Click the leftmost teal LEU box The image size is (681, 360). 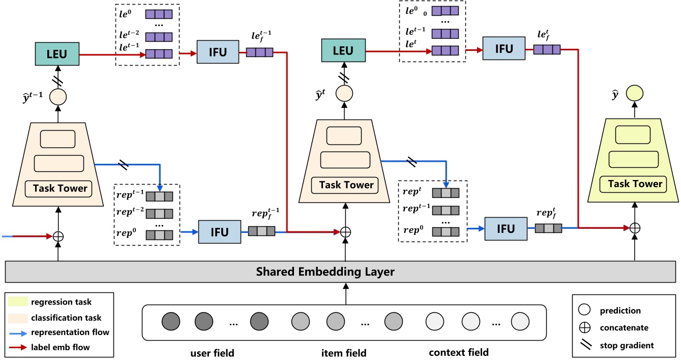pos(56,54)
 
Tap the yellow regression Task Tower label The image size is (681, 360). pos(635,184)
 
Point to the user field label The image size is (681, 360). pos(212,352)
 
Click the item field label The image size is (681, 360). pos(344,352)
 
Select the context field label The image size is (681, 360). pos(458,352)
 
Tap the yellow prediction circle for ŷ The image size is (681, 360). pos(634,93)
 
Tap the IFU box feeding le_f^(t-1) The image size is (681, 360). pos(218,53)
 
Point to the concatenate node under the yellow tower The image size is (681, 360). pos(634,229)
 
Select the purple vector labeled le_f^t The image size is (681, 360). pos(547,49)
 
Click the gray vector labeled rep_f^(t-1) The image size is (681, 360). pos(261,231)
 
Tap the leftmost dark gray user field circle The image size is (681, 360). pos(171,322)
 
